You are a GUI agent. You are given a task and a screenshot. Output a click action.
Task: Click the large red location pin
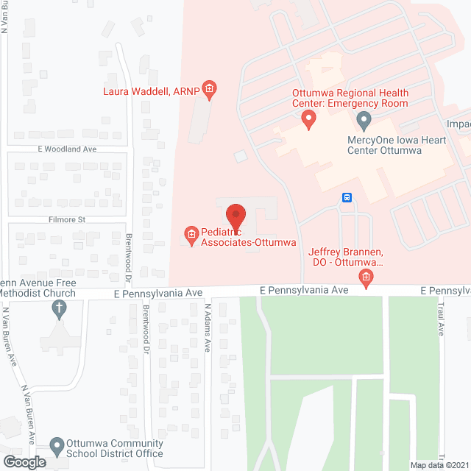point(235,214)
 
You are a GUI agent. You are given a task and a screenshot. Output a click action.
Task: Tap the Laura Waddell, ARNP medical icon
point(209,91)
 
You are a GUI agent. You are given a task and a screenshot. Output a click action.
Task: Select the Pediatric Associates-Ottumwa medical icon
point(191,235)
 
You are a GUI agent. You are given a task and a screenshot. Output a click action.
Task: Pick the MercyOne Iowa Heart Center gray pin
point(363,120)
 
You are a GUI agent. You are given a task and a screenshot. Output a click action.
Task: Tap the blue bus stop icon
point(347,197)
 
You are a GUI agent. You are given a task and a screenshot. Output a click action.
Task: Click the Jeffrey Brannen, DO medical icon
point(365,277)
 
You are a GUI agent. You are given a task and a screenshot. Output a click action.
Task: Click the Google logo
point(24,461)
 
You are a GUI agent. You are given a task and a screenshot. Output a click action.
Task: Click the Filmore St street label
point(68,219)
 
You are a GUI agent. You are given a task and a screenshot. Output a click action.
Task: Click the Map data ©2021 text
point(439,465)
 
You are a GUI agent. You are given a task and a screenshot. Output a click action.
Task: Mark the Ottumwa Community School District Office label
point(113,448)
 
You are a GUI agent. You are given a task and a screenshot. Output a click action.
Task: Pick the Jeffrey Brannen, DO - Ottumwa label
point(347,256)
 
